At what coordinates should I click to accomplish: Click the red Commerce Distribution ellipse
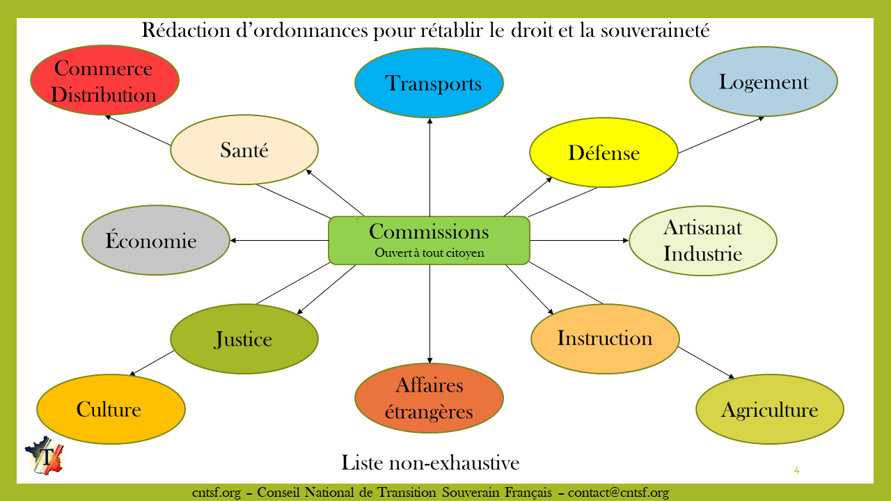tap(104, 80)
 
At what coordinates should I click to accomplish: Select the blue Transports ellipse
tap(429, 83)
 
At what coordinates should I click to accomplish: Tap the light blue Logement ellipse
tap(764, 82)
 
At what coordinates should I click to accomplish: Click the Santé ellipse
tap(244, 150)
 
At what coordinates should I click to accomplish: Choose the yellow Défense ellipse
tap(604, 152)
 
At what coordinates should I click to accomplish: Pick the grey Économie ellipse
tap(156, 241)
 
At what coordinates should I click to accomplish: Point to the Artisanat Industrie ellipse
tap(703, 240)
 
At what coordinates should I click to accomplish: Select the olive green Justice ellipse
tap(244, 340)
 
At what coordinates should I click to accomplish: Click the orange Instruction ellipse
tap(605, 338)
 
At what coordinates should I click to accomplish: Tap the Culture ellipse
tap(111, 409)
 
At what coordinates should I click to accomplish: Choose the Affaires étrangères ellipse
tap(429, 398)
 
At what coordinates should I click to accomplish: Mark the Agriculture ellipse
tap(770, 409)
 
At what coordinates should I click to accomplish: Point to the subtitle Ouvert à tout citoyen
tap(429, 253)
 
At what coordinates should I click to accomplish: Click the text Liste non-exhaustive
tap(430, 462)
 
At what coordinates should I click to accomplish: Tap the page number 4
tap(797, 470)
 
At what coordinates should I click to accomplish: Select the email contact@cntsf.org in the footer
tap(618, 493)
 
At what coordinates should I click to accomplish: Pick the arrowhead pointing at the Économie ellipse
tap(232, 240)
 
